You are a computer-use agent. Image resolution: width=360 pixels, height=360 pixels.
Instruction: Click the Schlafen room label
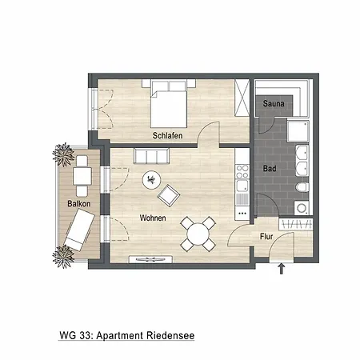169,135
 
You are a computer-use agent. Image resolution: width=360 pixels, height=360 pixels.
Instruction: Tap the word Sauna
274,104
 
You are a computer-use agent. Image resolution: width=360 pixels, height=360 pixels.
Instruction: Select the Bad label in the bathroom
270,168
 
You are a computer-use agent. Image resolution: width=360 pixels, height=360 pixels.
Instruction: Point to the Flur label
267,237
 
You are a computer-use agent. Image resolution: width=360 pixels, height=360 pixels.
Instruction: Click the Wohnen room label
153,218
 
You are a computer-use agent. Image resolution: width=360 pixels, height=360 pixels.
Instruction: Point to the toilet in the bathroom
301,188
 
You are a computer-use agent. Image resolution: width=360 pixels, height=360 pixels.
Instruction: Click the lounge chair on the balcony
78,233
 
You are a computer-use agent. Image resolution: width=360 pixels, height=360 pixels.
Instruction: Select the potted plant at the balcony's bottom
62,256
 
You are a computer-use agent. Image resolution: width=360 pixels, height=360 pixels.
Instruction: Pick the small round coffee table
150,180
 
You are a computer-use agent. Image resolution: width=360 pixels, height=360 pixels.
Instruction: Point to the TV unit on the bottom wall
150,260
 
